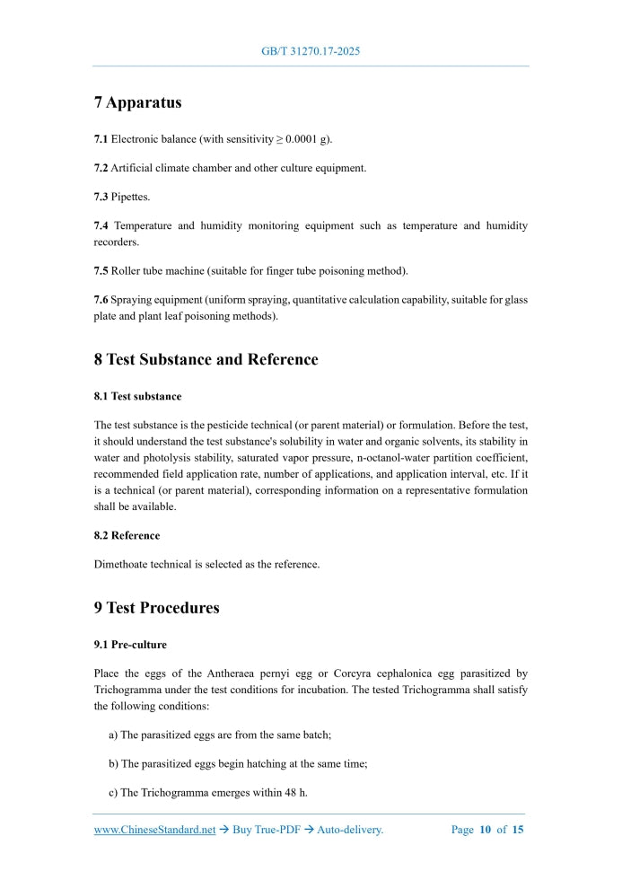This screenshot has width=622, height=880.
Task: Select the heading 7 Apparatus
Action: [137, 102]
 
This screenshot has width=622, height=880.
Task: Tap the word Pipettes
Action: [130, 197]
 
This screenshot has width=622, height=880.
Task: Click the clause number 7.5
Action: [101, 270]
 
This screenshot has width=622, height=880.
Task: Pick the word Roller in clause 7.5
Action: [126, 270]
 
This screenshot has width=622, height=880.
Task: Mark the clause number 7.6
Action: [101, 299]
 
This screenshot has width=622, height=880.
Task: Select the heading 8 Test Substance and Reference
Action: [206, 359]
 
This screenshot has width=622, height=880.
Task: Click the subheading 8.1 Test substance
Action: [137, 396]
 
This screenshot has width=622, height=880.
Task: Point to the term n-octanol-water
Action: [393, 457]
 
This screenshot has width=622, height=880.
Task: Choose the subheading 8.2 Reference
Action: [127, 535]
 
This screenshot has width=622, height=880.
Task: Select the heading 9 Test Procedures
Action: [156, 608]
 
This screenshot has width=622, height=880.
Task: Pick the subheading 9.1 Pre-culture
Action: [130, 645]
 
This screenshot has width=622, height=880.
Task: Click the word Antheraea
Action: [215, 673]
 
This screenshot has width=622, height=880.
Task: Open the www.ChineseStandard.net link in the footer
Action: [154, 830]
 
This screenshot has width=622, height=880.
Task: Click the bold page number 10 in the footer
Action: [485, 830]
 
